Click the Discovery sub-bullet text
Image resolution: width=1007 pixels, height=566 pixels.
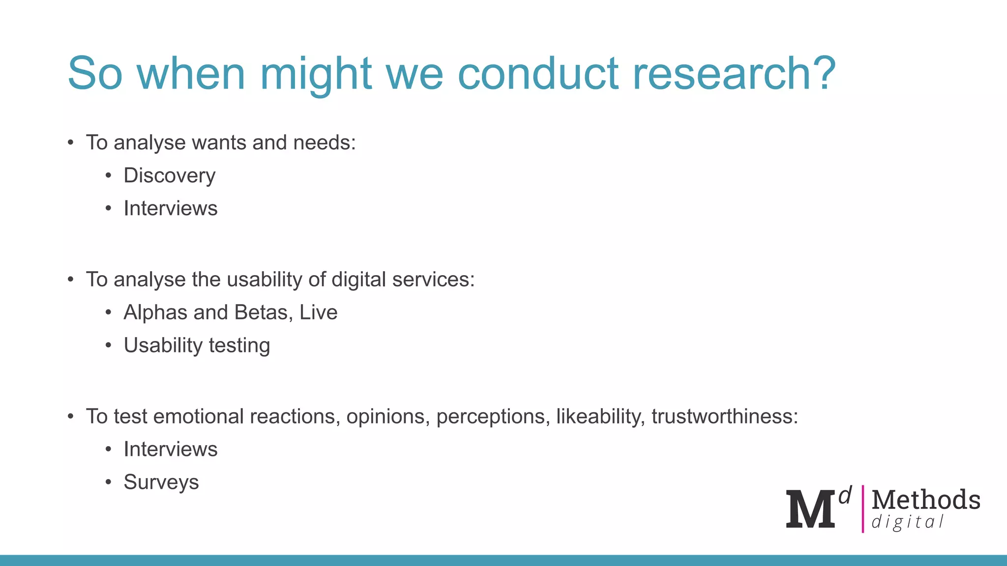[169, 176]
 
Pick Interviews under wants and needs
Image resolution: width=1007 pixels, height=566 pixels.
[170, 209]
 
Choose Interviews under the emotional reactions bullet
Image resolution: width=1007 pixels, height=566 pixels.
[170, 450]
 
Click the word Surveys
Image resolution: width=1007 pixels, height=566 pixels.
[161, 482]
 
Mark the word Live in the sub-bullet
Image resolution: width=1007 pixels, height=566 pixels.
[318, 313]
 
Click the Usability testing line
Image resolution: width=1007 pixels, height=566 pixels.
[197, 346]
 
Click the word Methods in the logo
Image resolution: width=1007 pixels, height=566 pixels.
[925, 500]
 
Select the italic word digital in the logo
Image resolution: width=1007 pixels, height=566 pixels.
[907, 522]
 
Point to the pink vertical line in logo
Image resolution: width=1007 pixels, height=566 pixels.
[862, 509]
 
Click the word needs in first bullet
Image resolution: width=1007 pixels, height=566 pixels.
[324, 143]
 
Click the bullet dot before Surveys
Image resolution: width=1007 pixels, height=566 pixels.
[109, 482]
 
